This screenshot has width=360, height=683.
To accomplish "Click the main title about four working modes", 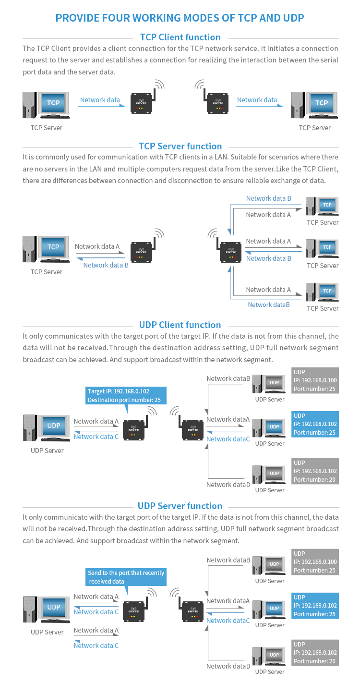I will click(180, 18).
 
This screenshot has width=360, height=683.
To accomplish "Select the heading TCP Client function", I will click(180, 37).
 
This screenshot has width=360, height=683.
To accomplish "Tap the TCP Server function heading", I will click(180, 146).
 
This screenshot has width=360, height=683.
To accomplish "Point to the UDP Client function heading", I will click(180, 325).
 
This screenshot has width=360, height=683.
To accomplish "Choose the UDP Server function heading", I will click(180, 506).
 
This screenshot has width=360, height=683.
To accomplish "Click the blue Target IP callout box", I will click(125, 395).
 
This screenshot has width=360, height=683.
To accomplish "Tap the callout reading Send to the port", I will click(126, 577).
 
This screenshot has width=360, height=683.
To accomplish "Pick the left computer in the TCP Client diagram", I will click(47, 105).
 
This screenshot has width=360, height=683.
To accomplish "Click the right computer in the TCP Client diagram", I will click(314, 105).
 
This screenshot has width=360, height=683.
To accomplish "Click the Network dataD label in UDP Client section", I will click(228, 485).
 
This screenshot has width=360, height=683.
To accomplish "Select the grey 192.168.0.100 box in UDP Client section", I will click(315, 380).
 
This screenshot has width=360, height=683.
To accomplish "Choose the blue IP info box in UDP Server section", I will click(315, 606).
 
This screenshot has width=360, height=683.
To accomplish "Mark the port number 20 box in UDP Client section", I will click(315, 471).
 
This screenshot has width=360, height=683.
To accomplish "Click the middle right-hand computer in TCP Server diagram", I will click(323, 249).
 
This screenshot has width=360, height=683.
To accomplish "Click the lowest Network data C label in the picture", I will click(96, 646).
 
